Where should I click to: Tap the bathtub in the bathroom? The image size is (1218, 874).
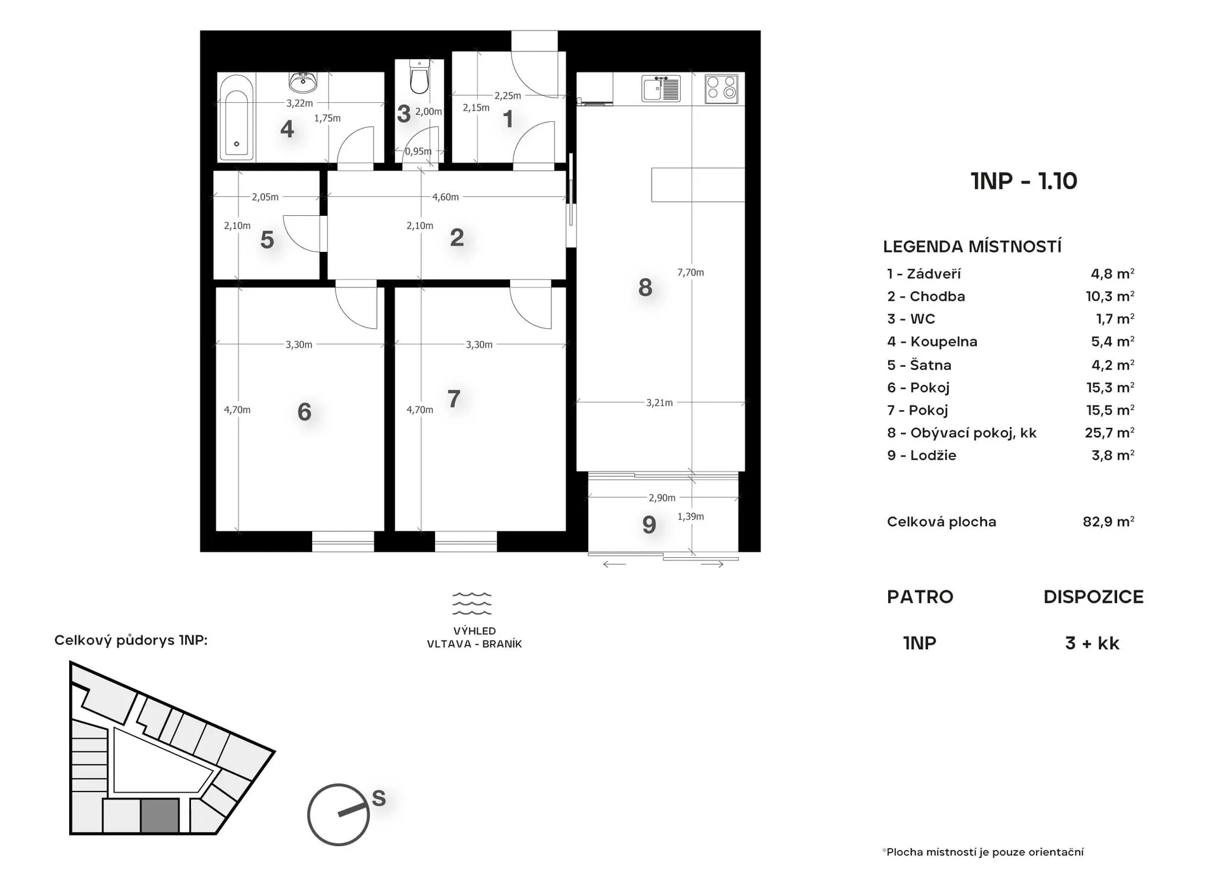click(237, 117)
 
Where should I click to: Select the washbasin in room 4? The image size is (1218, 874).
click(303, 82)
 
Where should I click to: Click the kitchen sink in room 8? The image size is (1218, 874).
click(661, 88)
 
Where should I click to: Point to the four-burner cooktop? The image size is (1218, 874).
click(722, 89)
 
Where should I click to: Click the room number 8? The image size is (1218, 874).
click(645, 288)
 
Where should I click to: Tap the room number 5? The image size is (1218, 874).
click(267, 240)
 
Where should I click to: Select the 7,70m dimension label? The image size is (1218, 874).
click(690, 272)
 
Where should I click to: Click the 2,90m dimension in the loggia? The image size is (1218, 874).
click(662, 498)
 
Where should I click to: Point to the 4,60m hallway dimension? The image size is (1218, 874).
click(445, 197)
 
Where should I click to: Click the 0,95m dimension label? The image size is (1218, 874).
click(418, 151)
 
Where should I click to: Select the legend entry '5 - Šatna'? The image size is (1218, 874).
click(919, 365)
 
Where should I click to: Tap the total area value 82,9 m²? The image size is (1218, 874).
click(1108, 522)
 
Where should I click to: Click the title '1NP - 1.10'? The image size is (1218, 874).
click(1024, 181)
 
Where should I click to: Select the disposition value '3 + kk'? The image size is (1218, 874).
click(1092, 643)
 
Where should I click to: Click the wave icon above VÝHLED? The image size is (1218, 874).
click(472, 604)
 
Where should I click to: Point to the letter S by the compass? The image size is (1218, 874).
click(379, 798)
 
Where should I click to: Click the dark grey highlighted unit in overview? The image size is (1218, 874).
click(159, 816)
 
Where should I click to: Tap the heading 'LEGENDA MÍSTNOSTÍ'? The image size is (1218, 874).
click(972, 246)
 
